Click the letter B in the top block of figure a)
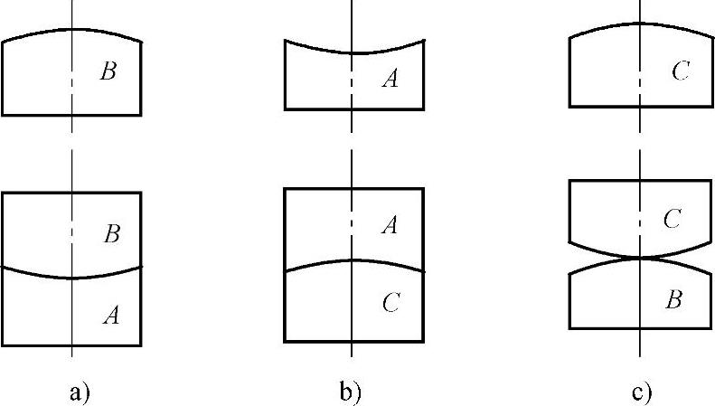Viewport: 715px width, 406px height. (x=108, y=71)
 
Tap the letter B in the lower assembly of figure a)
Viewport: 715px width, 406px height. (x=113, y=234)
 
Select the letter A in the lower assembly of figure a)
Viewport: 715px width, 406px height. (x=112, y=315)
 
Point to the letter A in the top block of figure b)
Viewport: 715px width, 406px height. (x=390, y=80)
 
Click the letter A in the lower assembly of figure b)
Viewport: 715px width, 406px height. (x=390, y=225)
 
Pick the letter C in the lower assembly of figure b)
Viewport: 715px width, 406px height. (x=390, y=304)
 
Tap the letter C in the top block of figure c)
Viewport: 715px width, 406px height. (x=682, y=71)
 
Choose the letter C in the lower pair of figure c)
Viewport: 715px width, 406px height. (x=672, y=219)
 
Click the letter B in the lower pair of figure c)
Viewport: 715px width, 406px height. (x=672, y=300)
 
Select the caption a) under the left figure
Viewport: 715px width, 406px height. (x=80, y=392)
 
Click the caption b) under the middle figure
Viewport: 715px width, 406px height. (x=350, y=392)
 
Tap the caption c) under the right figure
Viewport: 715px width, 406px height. (x=642, y=392)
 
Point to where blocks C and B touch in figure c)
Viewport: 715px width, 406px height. (x=640, y=259)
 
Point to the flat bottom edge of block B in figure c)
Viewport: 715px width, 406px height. (x=639, y=327)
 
